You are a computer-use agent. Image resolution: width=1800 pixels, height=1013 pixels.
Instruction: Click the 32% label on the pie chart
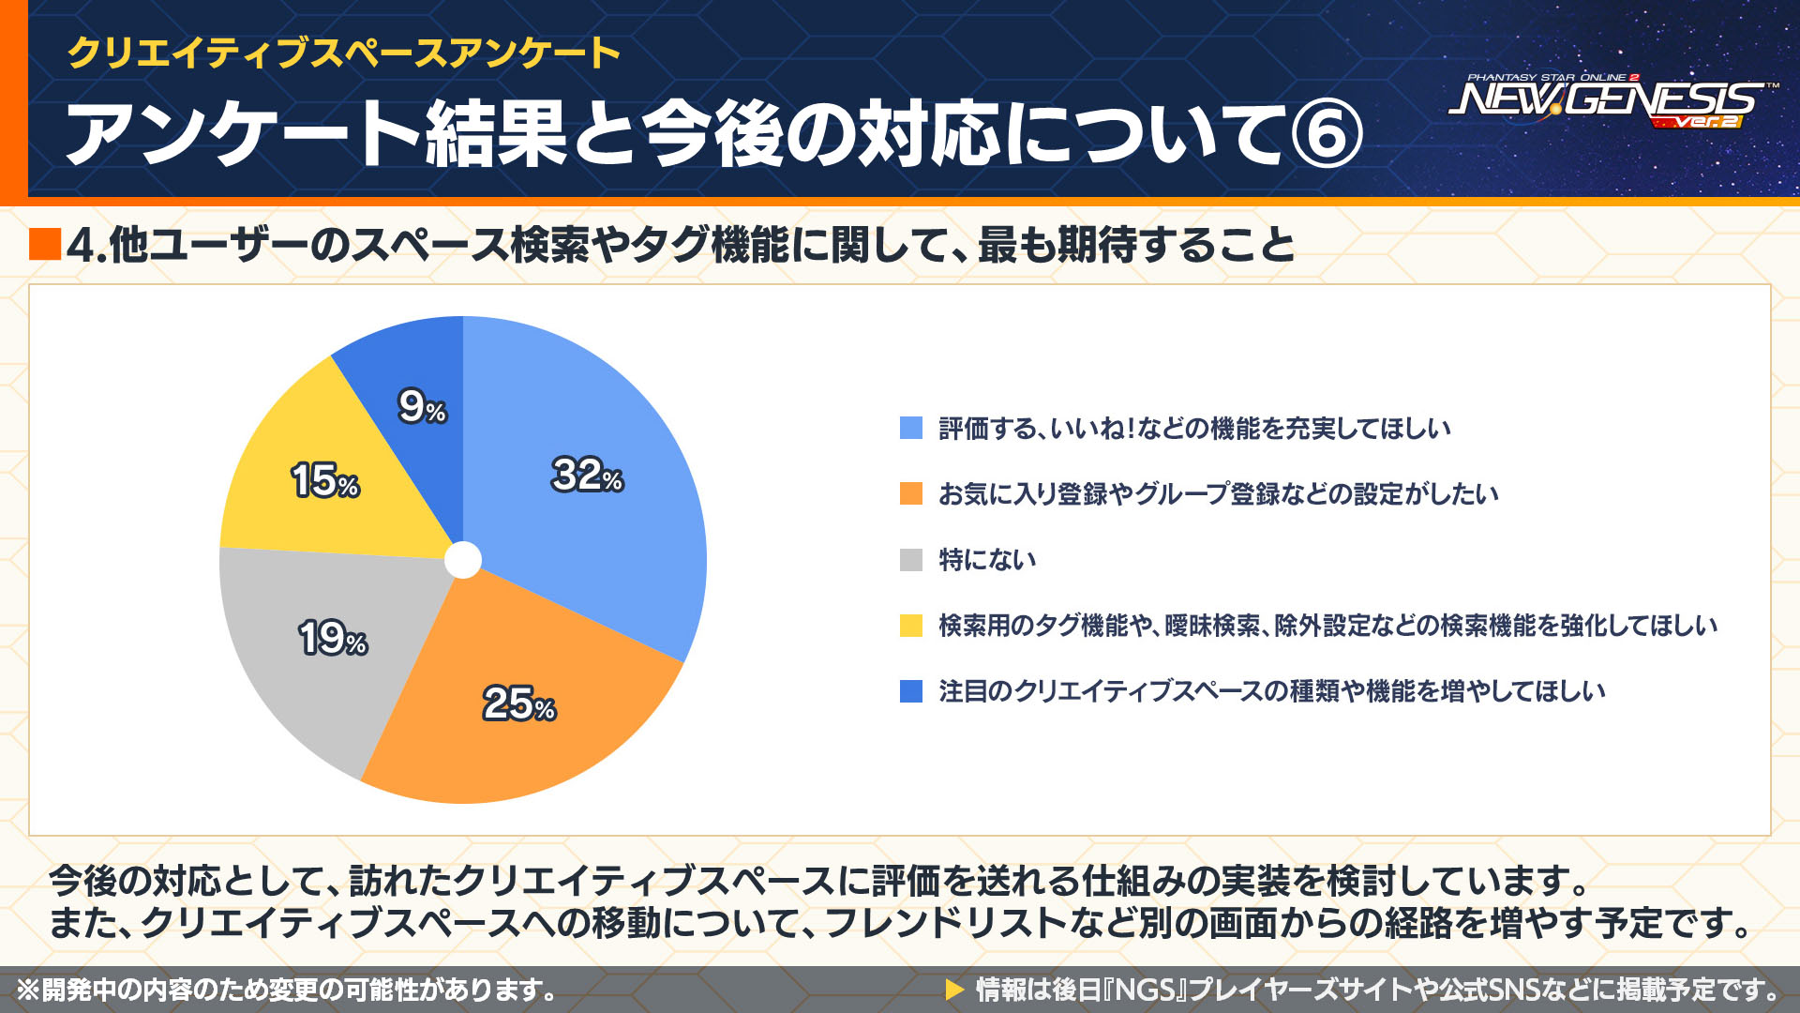(587, 475)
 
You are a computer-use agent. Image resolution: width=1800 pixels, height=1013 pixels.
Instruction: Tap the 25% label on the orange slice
(518, 703)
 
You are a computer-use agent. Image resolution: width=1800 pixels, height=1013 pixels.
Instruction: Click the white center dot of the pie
(462, 560)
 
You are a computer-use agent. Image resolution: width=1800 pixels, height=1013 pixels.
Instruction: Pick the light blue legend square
(910, 429)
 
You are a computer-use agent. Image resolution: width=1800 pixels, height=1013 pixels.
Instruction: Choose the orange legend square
(910, 493)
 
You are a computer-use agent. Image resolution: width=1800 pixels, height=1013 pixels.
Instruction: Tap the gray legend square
(910, 560)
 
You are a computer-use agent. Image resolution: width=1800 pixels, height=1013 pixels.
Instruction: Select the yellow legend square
(910, 626)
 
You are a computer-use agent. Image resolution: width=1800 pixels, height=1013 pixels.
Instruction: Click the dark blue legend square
(910, 691)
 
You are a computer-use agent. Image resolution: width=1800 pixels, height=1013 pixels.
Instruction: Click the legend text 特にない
(987, 560)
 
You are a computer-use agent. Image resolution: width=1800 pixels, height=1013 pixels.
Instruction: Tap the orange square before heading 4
(45, 244)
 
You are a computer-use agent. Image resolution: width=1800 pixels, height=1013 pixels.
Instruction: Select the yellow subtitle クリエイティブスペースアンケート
(343, 53)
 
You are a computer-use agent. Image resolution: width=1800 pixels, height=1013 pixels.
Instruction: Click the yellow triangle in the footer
(954, 990)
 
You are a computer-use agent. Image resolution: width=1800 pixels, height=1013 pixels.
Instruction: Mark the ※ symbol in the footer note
(28, 990)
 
